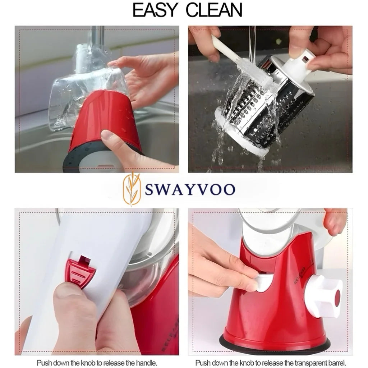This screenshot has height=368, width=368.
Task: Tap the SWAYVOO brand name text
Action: [190, 189]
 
